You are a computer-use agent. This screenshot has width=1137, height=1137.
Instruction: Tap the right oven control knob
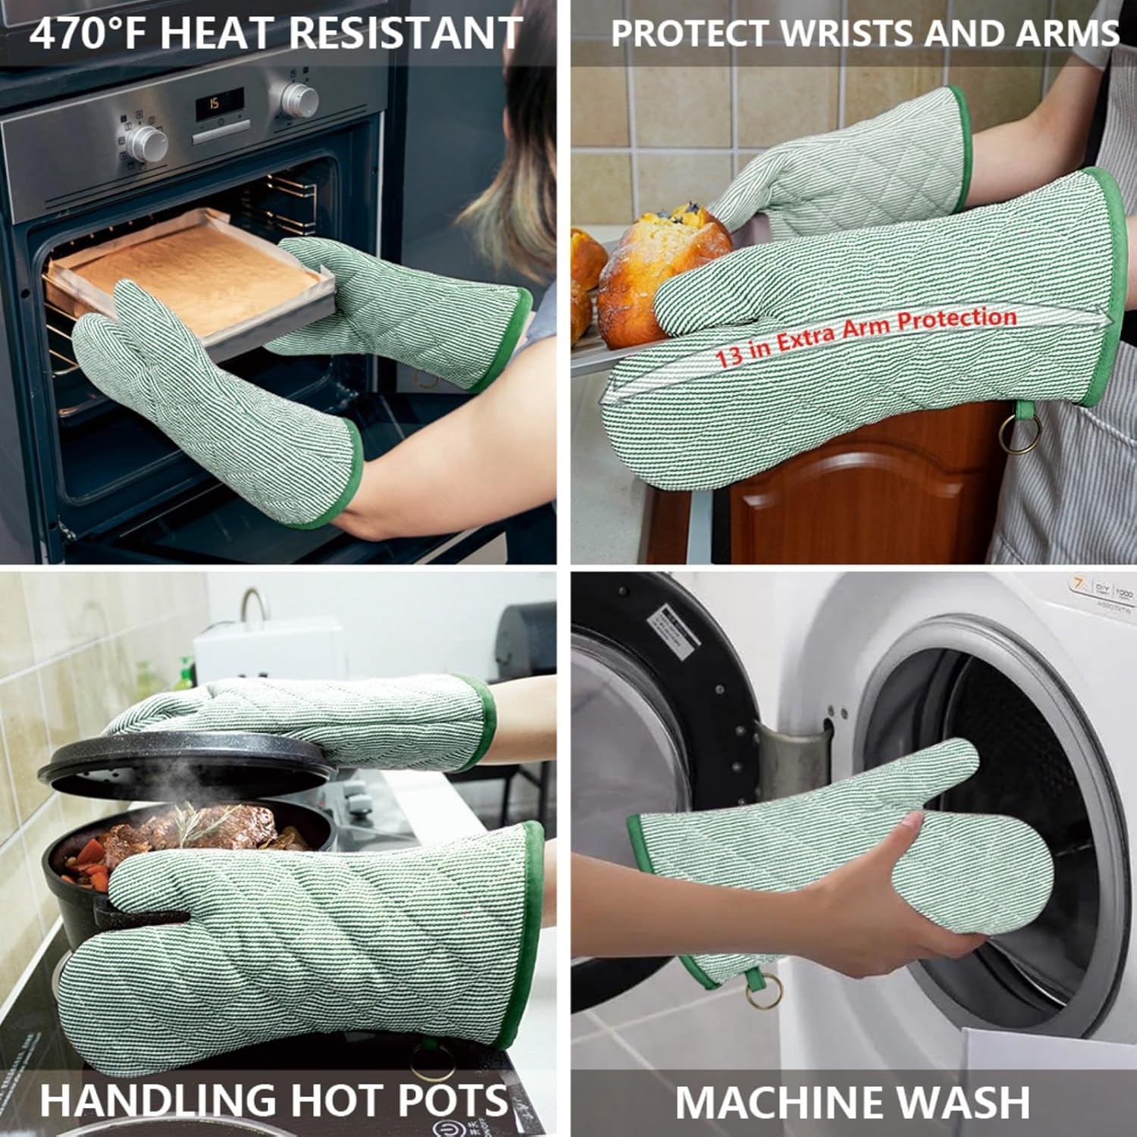tap(299, 99)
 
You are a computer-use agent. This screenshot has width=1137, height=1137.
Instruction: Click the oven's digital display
tap(220, 103)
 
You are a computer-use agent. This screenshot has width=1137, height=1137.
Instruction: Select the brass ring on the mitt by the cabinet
tap(1013, 436)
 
